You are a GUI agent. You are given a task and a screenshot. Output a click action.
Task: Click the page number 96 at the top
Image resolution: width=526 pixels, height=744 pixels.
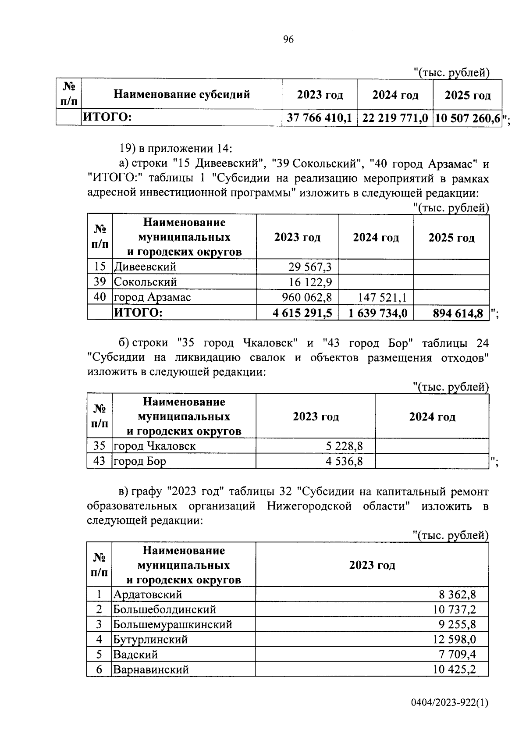(288, 40)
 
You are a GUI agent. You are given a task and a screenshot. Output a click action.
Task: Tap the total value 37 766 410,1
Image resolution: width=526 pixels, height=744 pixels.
(320, 118)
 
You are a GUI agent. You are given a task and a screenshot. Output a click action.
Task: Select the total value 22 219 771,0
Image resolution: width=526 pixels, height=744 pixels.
(395, 118)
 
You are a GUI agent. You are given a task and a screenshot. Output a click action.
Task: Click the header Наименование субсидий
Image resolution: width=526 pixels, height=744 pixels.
(181, 94)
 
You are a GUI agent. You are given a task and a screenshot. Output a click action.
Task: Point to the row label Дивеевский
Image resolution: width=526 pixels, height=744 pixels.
(145, 267)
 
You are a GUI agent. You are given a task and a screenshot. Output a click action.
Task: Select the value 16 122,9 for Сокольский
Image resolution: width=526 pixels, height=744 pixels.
(310, 282)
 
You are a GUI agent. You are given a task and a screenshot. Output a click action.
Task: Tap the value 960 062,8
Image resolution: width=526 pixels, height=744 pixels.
(307, 298)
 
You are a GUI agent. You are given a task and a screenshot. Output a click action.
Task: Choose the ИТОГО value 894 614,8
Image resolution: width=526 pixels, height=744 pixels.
(458, 313)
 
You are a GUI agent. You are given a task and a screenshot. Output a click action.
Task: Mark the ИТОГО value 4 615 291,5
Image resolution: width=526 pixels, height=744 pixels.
(303, 313)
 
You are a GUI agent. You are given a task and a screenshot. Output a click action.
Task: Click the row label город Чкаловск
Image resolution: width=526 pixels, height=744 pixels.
(155, 446)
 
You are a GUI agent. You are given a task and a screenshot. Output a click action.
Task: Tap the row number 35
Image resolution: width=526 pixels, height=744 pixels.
(100, 446)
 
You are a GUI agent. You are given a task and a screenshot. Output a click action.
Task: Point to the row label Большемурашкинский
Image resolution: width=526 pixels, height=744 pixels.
(173, 624)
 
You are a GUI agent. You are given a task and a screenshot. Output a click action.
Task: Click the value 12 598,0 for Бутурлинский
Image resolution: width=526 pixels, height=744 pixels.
(455, 640)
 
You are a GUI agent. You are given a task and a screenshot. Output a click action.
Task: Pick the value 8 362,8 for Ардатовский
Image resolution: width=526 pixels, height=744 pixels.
(457, 594)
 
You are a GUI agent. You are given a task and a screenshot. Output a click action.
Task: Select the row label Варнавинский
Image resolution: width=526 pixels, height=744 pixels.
(151, 670)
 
